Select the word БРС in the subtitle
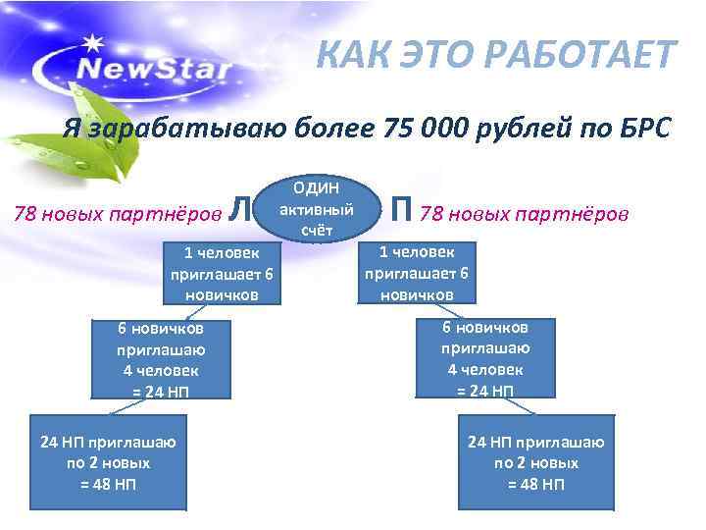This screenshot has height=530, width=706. point(641,128)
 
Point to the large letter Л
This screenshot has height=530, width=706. point(236,209)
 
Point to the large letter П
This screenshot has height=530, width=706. point(400,209)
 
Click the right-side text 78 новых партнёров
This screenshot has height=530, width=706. point(526,212)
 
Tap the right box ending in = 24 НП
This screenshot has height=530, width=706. point(487,358)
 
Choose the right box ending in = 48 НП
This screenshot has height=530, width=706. point(535,461)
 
